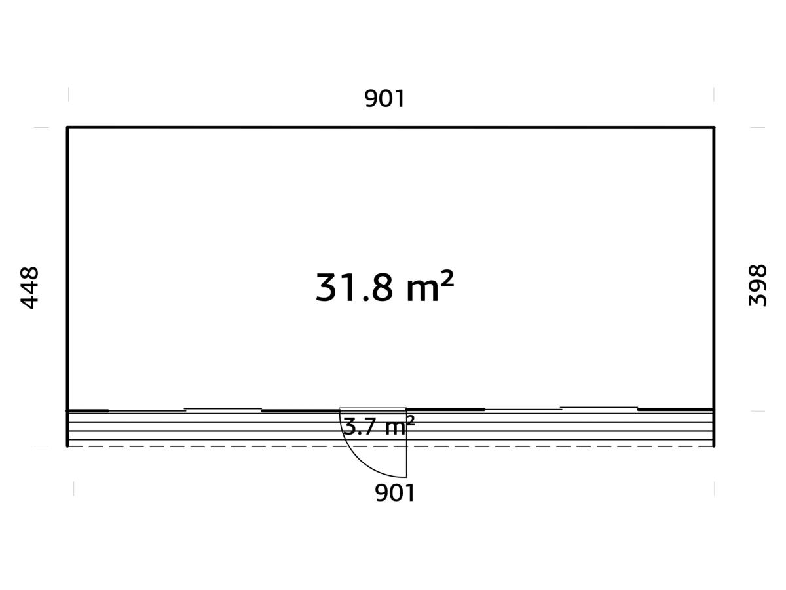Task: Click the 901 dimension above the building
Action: pyautogui.click(x=384, y=98)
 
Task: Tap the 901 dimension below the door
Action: pyautogui.click(x=394, y=493)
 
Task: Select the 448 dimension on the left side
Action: pyautogui.click(x=29, y=288)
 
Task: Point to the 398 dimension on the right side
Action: pyautogui.click(x=757, y=286)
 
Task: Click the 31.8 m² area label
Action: pyautogui.click(x=384, y=287)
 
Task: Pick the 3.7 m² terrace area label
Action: pyautogui.click(x=379, y=425)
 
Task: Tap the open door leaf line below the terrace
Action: pyautogui.click(x=407, y=444)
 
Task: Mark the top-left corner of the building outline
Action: pyautogui.click(x=67, y=127)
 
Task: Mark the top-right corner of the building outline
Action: pyautogui.click(x=714, y=127)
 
